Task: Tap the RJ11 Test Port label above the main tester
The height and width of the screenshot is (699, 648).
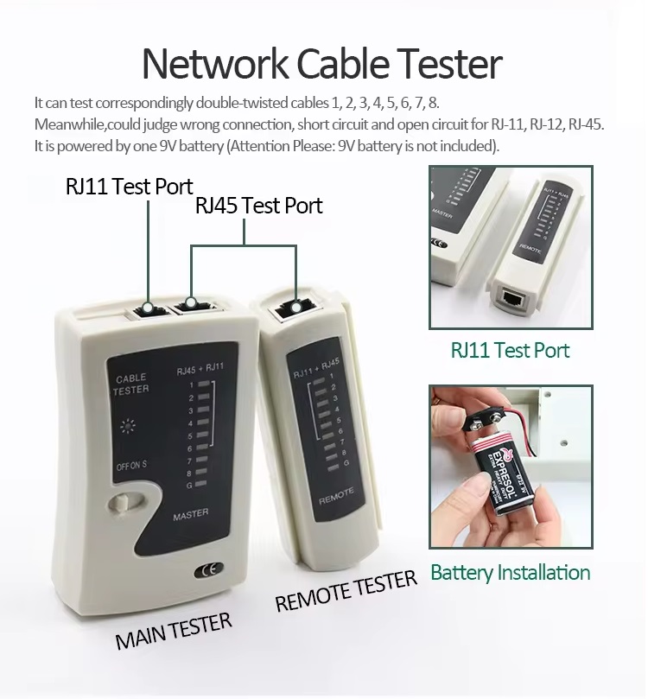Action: (129, 187)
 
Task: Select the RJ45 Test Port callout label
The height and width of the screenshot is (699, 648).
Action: (258, 206)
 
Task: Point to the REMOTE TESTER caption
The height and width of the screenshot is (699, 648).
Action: (346, 591)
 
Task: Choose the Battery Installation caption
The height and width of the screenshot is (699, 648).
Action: (510, 572)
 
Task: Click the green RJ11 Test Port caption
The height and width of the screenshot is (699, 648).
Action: (510, 350)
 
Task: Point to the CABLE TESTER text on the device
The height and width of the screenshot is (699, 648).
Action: (130, 384)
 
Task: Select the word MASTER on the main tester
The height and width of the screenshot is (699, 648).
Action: (190, 513)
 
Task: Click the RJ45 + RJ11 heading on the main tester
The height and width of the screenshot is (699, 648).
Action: (200, 370)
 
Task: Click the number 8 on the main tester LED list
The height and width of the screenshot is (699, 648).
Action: (189, 473)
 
